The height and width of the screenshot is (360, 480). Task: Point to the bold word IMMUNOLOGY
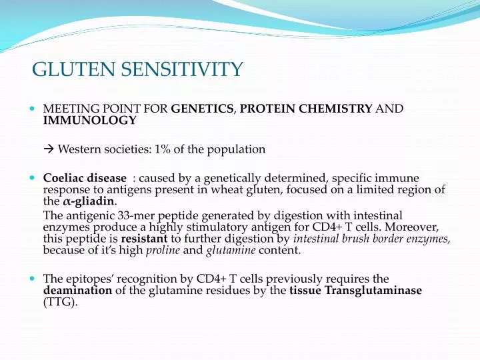point(90,120)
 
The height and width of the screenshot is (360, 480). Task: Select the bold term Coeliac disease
point(85,179)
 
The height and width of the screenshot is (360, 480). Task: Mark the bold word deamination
point(77,291)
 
